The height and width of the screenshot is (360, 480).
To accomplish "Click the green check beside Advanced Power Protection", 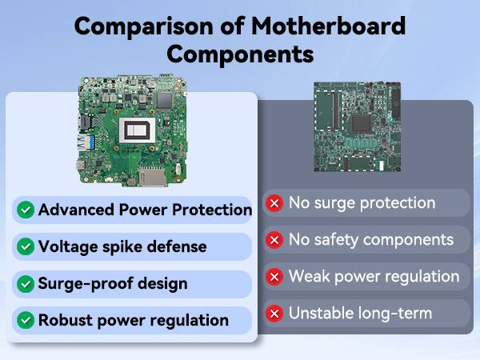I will point(26,210).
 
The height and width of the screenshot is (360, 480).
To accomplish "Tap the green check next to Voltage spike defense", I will point(26,247).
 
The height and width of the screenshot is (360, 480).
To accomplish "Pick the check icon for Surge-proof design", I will point(26,284).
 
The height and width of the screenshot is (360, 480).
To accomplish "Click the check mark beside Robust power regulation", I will point(26,321).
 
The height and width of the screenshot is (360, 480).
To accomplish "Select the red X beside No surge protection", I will point(275,203).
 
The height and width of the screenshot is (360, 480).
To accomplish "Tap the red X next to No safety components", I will point(275,240).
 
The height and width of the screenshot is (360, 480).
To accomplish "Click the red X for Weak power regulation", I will point(275,277).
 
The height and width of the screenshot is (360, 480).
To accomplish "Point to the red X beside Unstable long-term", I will point(275,314).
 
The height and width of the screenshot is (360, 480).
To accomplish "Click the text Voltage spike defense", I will point(122,247).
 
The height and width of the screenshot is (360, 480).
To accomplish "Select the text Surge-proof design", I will point(113,284).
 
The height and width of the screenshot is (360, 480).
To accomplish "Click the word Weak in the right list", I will point(310,277).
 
